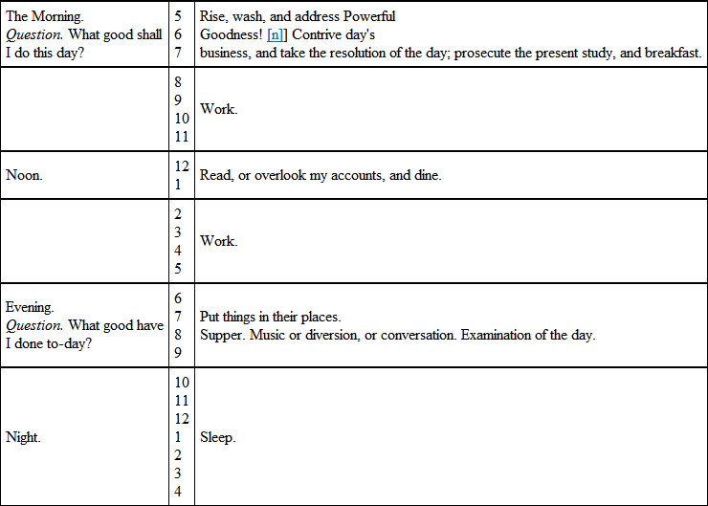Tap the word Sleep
(x=217, y=437)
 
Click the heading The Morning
(x=44, y=16)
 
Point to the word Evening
(x=30, y=308)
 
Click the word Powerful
(x=366, y=16)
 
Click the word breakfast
(x=674, y=52)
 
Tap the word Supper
(x=223, y=335)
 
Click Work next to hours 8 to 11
(x=218, y=109)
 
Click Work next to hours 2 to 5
(x=218, y=240)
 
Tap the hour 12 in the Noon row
(x=182, y=166)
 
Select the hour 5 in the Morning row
(x=178, y=16)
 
